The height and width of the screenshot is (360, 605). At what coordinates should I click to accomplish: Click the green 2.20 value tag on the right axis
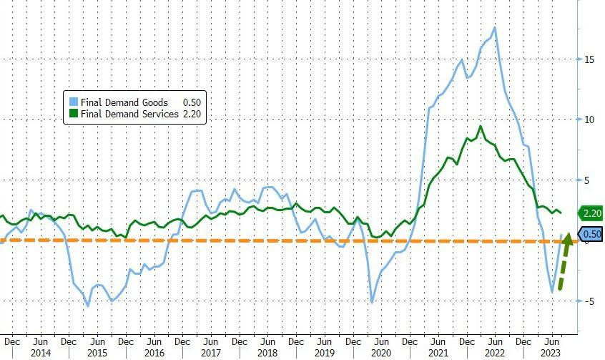[591, 213]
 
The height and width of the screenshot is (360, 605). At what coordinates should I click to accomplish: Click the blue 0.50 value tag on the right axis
[591, 234]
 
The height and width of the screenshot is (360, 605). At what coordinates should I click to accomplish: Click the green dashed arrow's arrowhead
[569, 237]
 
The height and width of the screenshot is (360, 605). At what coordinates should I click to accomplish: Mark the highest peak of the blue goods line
[495, 28]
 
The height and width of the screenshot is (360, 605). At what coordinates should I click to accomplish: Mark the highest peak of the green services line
[481, 127]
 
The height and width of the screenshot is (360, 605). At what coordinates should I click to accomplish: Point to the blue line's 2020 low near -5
[373, 302]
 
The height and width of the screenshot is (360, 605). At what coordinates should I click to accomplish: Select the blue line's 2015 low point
[88, 306]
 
